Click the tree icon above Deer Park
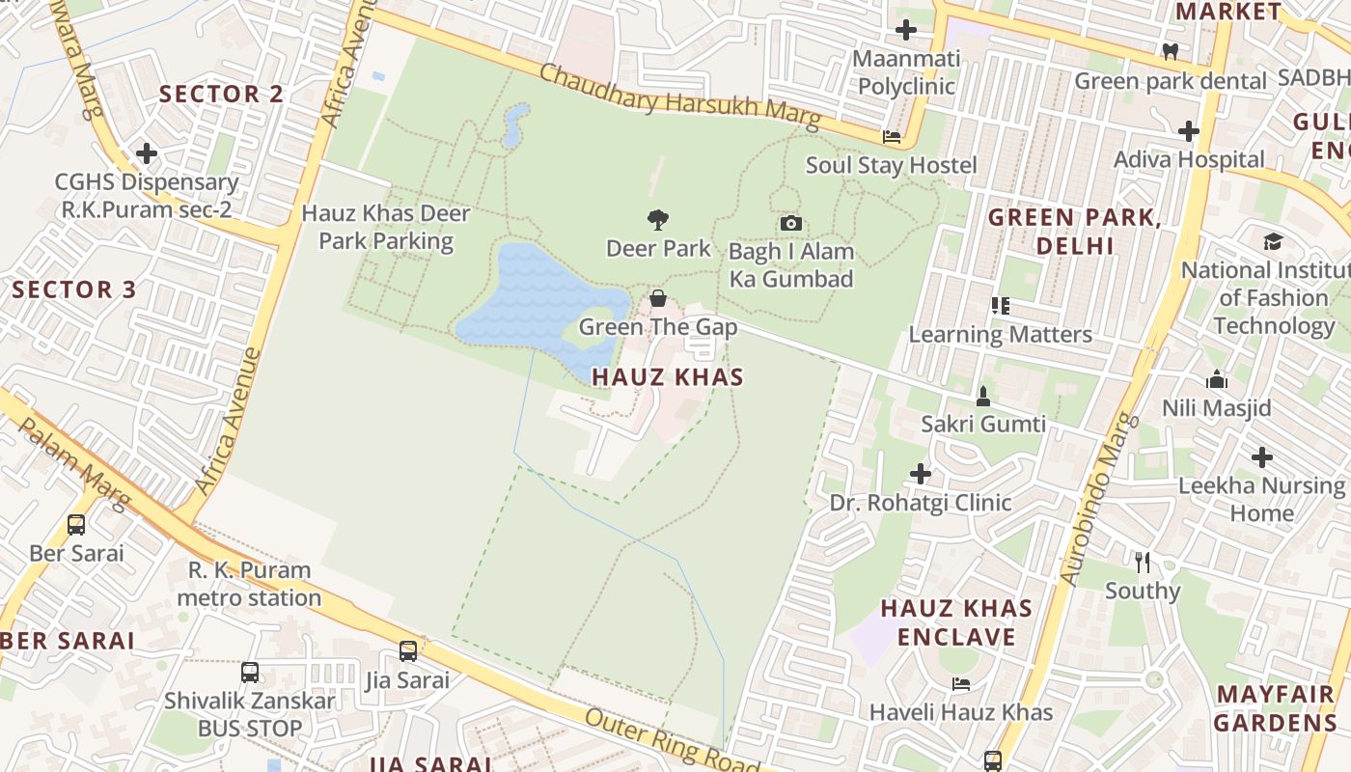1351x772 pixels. click(x=658, y=220)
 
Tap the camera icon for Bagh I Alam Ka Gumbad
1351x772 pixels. click(x=790, y=224)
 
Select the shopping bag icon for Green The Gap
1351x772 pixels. click(x=658, y=298)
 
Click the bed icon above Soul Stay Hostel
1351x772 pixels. click(x=892, y=138)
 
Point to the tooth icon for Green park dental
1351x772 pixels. click(x=1171, y=52)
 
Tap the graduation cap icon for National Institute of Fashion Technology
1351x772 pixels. click(x=1273, y=241)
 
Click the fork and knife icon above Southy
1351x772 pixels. click(x=1143, y=563)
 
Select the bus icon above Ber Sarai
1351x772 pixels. click(x=76, y=525)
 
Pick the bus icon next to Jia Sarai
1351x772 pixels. click(x=408, y=651)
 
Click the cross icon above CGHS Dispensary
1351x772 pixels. click(x=147, y=153)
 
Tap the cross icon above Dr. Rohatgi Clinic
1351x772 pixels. click(x=921, y=474)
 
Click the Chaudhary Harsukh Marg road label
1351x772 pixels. click(x=679, y=96)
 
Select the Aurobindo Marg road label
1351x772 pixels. click(x=1100, y=499)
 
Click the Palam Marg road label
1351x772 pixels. click(x=73, y=463)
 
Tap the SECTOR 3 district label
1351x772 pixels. click(x=74, y=289)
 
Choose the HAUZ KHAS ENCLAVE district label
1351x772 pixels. click(x=956, y=622)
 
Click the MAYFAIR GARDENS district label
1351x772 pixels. click(x=1275, y=708)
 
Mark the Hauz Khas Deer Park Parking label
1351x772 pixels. click(x=386, y=227)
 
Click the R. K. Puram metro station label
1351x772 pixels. click(x=249, y=584)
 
